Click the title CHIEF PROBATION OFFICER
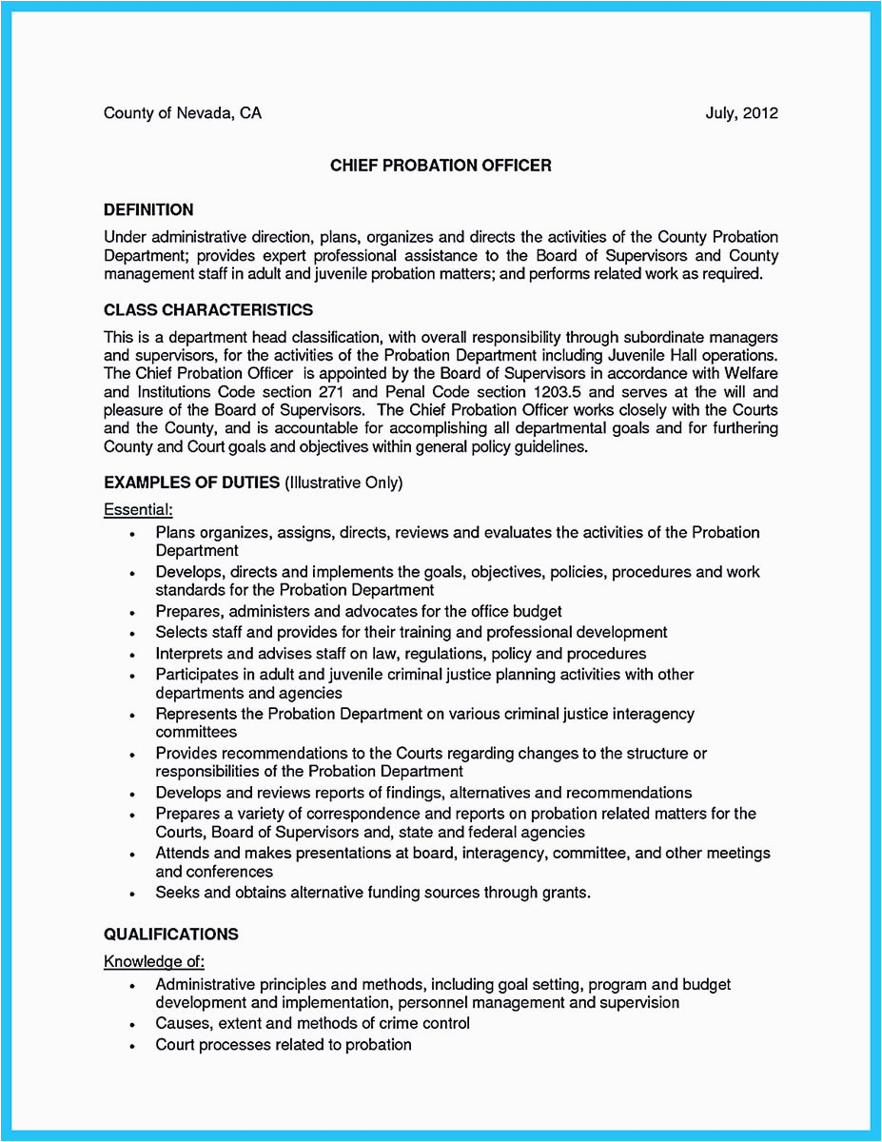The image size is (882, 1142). click(441, 166)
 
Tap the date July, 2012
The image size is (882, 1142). click(741, 113)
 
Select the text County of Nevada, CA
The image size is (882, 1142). click(182, 113)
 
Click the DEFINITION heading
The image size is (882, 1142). click(148, 209)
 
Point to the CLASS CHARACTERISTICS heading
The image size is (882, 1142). click(208, 310)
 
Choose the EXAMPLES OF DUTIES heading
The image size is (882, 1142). click(192, 482)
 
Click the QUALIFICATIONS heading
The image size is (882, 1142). click(171, 934)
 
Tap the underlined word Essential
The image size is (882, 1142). click(137, 510)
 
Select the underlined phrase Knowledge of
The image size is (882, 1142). click(153, 961)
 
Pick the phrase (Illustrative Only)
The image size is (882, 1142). click(343, 482)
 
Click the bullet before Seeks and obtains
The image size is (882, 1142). click(132, 894)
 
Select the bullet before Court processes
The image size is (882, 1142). click(132, 1046)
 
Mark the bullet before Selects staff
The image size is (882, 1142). click(132, 633)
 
